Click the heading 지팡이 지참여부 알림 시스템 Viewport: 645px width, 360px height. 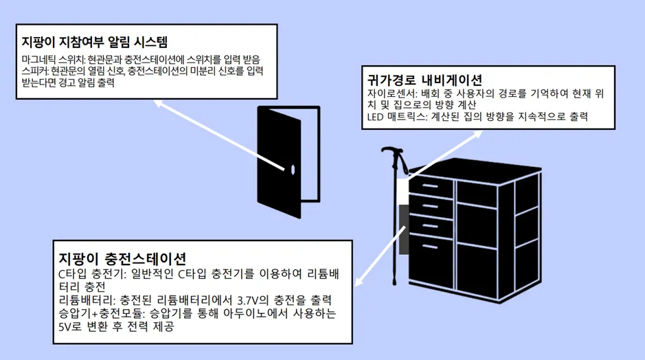point(95,41)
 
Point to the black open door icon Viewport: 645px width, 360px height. point(280,161)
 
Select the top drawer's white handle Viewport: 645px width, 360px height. point(431,185)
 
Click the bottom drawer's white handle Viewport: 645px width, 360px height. point(431,246)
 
